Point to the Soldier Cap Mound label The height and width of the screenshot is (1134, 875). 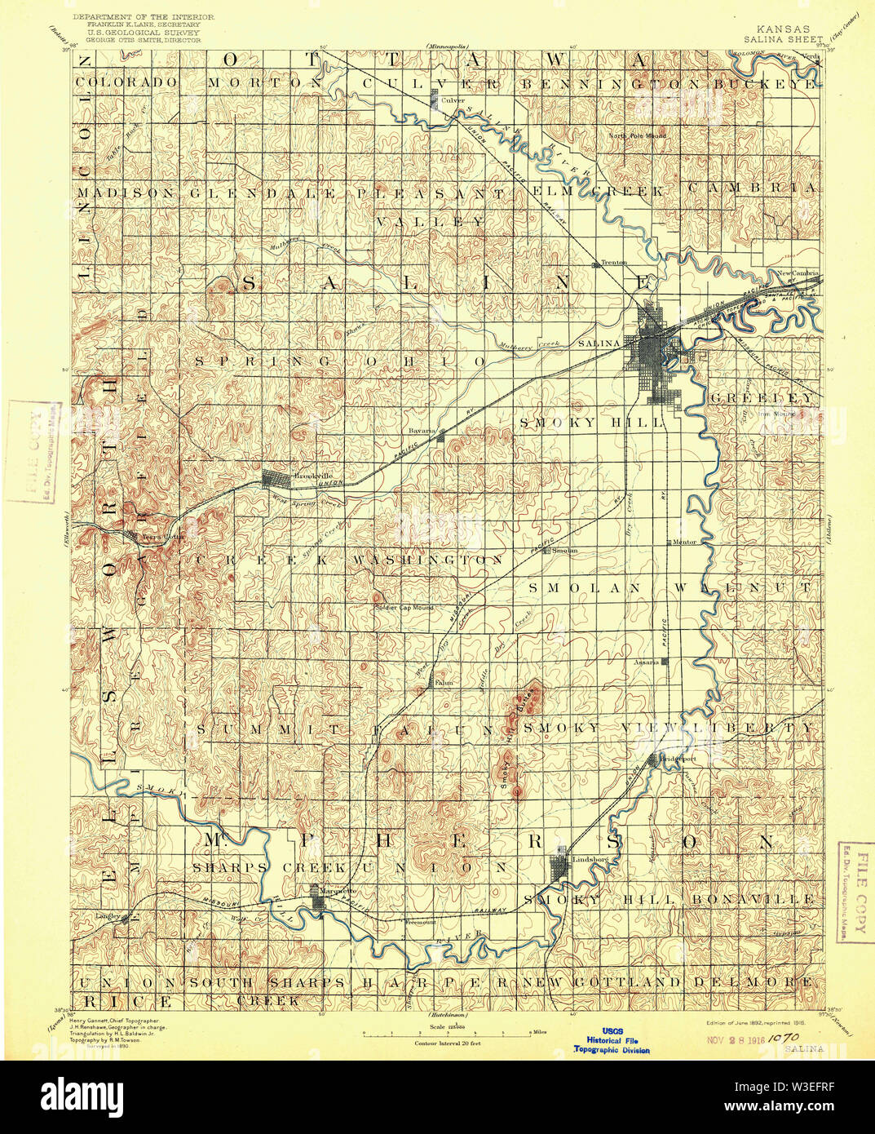point(404,608)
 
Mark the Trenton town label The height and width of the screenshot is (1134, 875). point(614,263)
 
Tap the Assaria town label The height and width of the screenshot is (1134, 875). point(646,662)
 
